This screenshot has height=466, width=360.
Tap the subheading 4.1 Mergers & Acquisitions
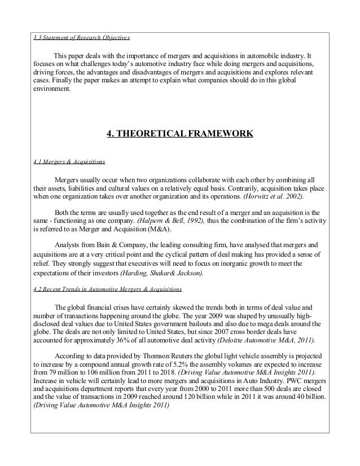tap(69, 161)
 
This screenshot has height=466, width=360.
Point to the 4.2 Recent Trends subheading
tap(108, 289)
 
